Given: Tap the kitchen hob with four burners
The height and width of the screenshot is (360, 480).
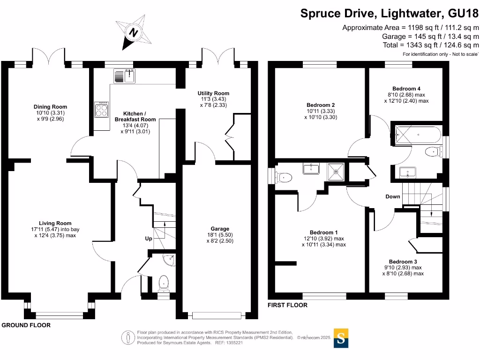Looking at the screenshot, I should click(102, 110).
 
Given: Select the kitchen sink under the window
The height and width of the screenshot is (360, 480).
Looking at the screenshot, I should click(124, 75).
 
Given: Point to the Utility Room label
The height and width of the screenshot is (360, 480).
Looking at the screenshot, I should click(213, 94).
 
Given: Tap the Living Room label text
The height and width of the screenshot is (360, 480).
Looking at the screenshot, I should click(55, 223).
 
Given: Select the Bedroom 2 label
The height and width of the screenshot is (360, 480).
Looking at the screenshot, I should click(321, 105).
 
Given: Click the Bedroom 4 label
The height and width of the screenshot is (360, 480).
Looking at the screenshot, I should click(406, 89).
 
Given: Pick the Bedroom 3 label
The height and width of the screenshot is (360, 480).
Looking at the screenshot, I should click(403, 262).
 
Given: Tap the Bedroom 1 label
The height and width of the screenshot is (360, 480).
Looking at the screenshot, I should click(324, 232).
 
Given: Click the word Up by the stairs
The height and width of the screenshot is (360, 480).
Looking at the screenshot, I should click(149, 239).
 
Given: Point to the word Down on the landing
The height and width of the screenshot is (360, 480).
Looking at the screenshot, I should click(393, 196).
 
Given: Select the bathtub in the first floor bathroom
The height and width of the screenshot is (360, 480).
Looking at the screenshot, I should click(416, 135).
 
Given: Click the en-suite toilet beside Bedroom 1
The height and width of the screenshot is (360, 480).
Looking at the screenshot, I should click(284, 177).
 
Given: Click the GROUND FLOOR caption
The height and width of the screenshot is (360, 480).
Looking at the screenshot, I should click(26, 325).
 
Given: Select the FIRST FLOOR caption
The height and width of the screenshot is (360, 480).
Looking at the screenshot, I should click(287, 305).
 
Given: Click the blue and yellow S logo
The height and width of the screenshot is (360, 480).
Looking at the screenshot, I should click(341, 339).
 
